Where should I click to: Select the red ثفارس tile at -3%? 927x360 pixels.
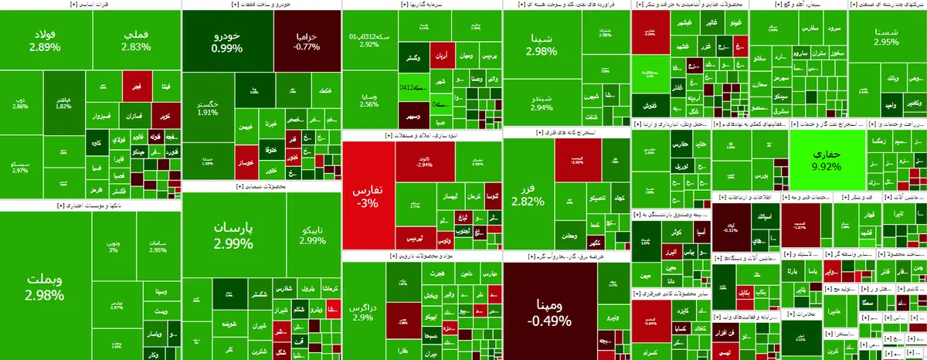(368, 196)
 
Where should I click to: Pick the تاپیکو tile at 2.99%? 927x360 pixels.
(311, 235)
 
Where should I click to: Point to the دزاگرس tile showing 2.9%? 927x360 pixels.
(364, 312)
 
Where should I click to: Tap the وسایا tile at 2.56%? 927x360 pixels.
(368, 100)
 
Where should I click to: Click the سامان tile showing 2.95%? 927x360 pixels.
(158, 245)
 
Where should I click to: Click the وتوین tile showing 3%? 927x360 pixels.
(114, 245)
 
